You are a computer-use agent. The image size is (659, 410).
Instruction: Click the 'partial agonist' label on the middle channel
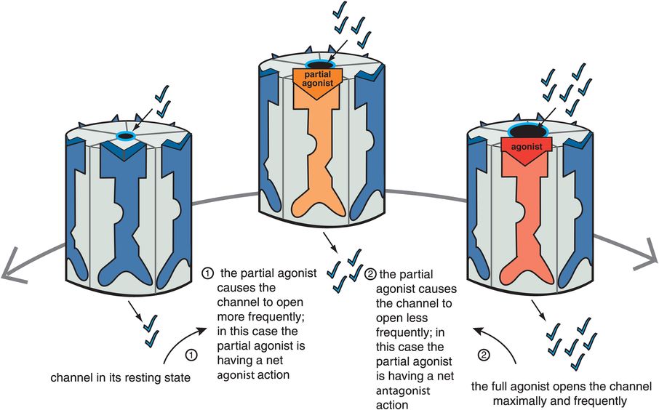[318, 79]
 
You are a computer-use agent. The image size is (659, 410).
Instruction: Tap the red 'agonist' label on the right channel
[527, 146]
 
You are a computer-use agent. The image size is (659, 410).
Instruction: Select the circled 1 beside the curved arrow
[191, 355]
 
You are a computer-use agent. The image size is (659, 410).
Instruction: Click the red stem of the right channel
[527, 218]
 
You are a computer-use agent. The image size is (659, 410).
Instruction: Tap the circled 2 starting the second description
[371, 274]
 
